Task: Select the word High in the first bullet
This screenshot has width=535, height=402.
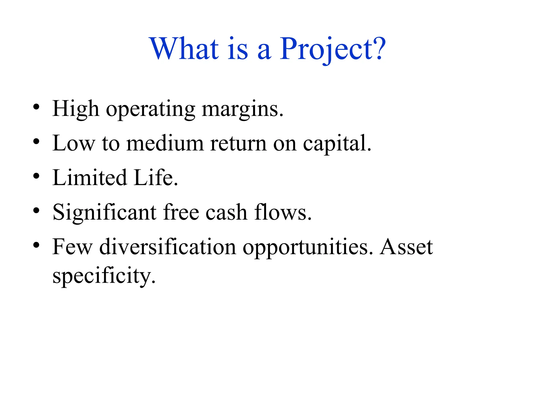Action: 76,109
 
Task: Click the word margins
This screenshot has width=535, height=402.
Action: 243,110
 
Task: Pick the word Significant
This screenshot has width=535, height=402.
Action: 104,213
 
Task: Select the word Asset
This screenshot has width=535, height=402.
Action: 406,247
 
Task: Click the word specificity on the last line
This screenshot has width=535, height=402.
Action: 104,276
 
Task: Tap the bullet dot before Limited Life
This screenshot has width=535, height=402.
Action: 36,176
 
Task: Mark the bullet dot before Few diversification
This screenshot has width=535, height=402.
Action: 36,245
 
